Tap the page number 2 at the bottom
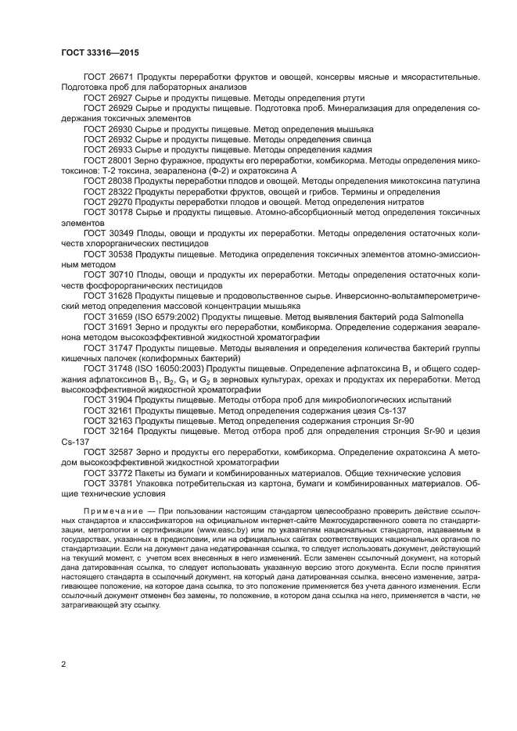click(x=63, y=664)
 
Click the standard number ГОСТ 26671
click(x=107, y=79)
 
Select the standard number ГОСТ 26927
click(x=107, y=99)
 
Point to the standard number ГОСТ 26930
click(x=107, y=128)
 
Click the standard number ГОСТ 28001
click(x=107, y=159)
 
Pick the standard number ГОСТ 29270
click(x=107, y=201)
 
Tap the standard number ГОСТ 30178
click(x=107, y=212)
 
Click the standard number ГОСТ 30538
click(x=107, y=254)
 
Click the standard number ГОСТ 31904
click(x=107, y=400)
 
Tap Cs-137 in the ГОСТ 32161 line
click(x=391, y=410)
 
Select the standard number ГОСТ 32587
click(x=107, y=452)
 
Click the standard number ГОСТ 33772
click(x=107, y=473)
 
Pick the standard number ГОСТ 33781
click(x=107, y=483)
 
